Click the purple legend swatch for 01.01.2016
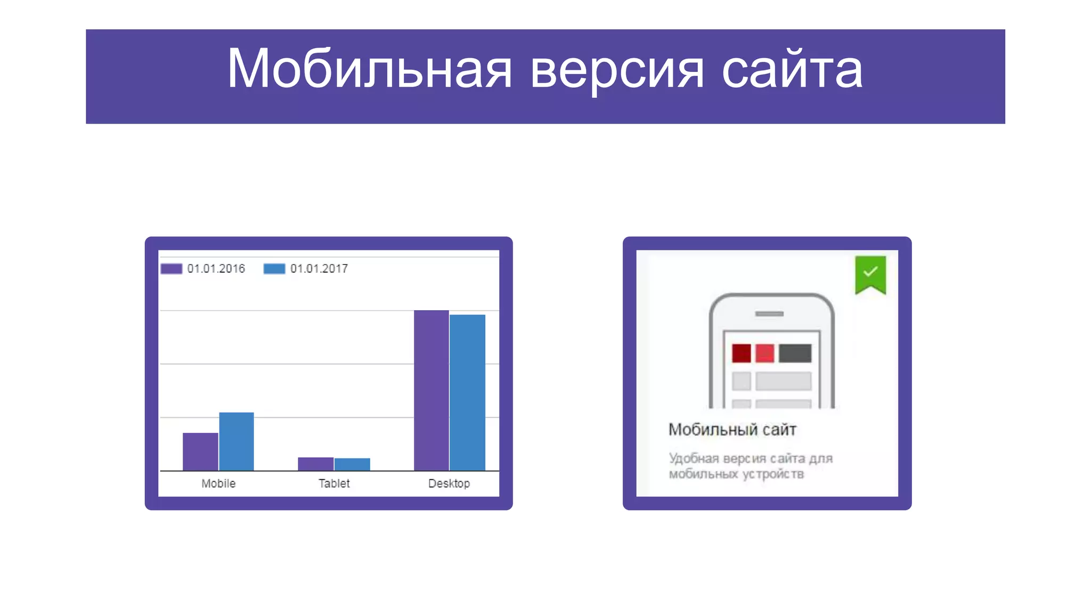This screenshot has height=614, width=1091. click(x=172, y=269)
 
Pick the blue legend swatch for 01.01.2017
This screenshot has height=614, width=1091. click(x=274, y=269)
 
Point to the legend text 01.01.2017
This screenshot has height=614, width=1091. click(x=319, y=269)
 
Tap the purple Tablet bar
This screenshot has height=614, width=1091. click(x=315, y=464)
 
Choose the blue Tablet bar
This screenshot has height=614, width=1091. click(x=352, y=464)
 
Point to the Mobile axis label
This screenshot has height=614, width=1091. click(x=218, y=483)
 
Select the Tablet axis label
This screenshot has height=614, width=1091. click(x=334, y=483)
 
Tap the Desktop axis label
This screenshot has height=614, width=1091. click(x=449, y=483)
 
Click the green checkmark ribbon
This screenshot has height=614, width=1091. click(x=870, y=273)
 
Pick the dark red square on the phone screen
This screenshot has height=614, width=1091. click(x=741, y=353)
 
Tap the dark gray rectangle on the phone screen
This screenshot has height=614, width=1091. click(x=795, y=353)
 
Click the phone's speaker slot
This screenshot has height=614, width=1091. click(x=769, y=314)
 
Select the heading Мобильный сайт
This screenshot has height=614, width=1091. click(x=732, y=430)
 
